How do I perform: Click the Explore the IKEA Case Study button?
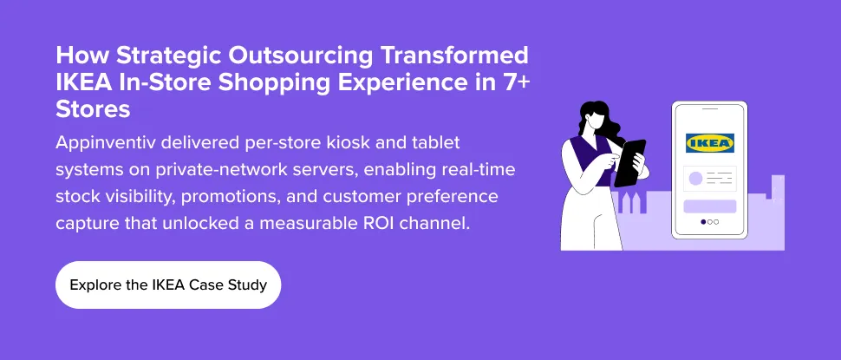pyautogui.click(x=168, y=285)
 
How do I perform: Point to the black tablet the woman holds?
pyautogui.click(x=630, y=162)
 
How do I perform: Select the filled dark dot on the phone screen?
pyautogui.click(x=703, y=222)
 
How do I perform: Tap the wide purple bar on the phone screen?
pyautogui.click(x=709, y=206)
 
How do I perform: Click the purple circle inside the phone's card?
pyautogui.click(x=695, y=179)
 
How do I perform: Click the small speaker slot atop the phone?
pyautogui.click(x=709, y=109)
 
